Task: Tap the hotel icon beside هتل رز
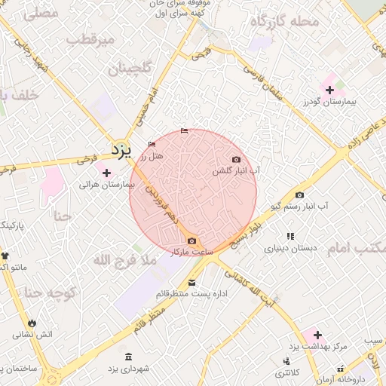[x=152, y=144]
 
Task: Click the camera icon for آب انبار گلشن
[x=237, y=159]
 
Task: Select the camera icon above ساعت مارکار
[x=191, y=240]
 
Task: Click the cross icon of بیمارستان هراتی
[x=106, y=173]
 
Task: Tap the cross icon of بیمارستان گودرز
[x=329, y=90]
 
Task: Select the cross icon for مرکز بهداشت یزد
[x=317, y=334]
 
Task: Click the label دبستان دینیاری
[x=289, y=247]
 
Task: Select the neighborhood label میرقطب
[x=90, y=38]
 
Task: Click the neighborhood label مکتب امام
[x=358, y=248]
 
